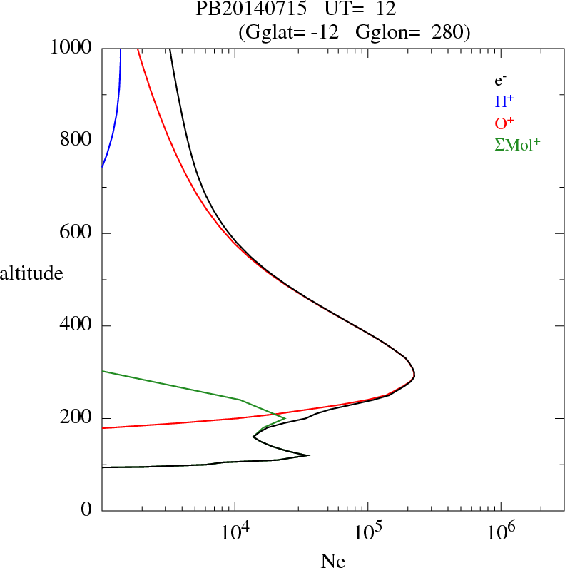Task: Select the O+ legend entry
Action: (504, 123)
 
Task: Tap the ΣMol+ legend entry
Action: (518, 144)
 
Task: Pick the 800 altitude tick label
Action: (78, 141)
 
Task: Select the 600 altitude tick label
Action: (78, 233)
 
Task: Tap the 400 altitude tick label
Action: (78, 326)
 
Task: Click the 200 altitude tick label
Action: (78, 418)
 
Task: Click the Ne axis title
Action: (332, 561)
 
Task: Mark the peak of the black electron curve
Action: (414, 374)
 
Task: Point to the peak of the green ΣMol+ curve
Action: (285, 417)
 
